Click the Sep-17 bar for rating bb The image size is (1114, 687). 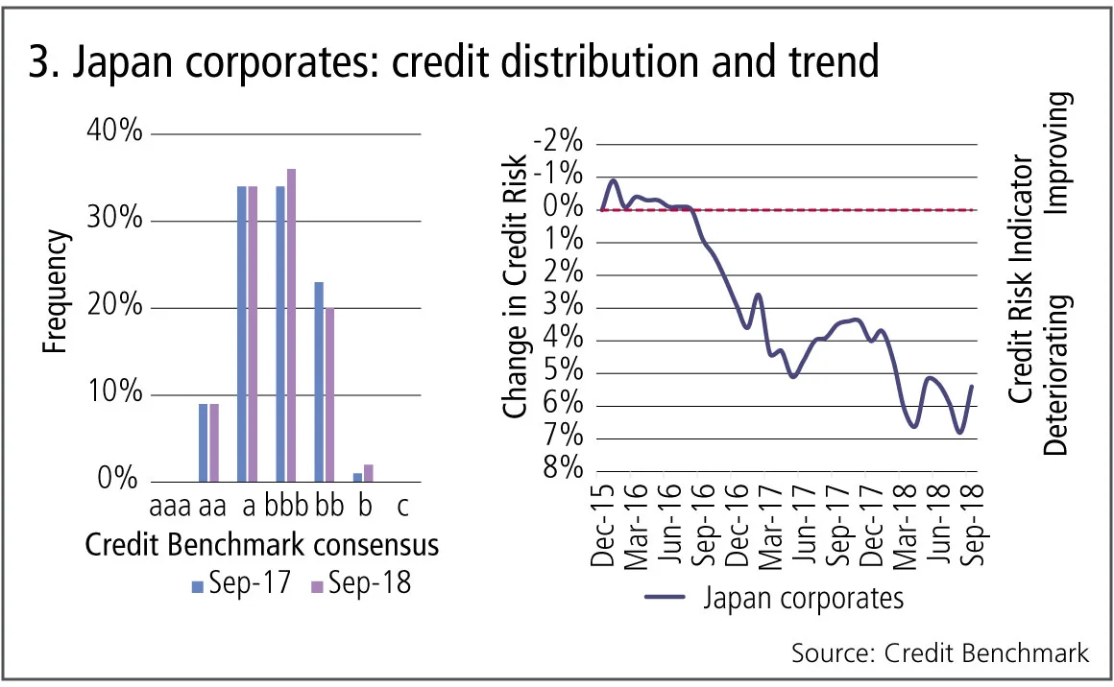click(x=319, y=381)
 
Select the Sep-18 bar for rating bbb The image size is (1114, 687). click(x=291, y=324)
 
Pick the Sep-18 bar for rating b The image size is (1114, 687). click(x=368, y=472)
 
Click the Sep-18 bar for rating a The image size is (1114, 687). click(x=253, y=333)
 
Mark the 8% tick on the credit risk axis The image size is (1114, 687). click(x=563, y=469)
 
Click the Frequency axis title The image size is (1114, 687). click(x=57, y=291)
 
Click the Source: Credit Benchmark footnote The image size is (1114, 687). click(x=940, y=653)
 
